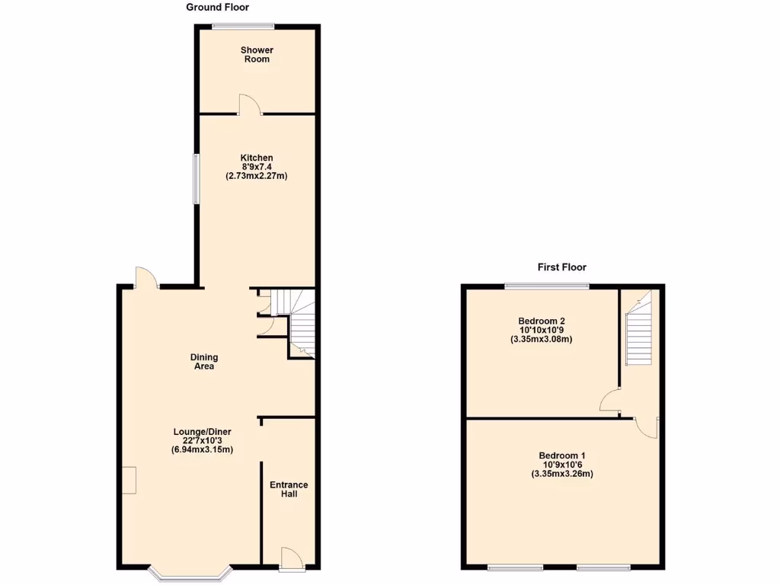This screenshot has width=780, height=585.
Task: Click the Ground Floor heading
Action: [215, 8]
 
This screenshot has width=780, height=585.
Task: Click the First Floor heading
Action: [562, 267]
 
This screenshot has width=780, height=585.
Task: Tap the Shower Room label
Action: [257, 55]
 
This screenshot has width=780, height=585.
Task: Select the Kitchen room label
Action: [257, 158]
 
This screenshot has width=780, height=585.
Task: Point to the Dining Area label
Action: [203, 362]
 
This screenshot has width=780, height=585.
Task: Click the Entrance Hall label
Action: [289, 489]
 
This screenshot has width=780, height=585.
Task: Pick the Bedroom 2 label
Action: [542, 321]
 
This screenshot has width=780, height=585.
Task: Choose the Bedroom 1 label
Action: [562, 456]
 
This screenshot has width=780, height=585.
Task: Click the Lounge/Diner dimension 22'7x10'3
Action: [202, 440]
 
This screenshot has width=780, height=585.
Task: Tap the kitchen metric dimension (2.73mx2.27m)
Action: [257, 176]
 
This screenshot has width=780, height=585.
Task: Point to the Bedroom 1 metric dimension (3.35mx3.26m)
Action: [562, 474]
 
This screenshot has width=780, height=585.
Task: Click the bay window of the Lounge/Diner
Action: [190, 574]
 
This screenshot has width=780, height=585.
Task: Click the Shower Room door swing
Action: [250, 105]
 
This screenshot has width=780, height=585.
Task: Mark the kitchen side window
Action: [195, 179]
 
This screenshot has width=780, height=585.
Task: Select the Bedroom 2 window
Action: [547, 286]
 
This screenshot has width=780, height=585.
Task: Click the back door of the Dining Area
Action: [145, 278]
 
